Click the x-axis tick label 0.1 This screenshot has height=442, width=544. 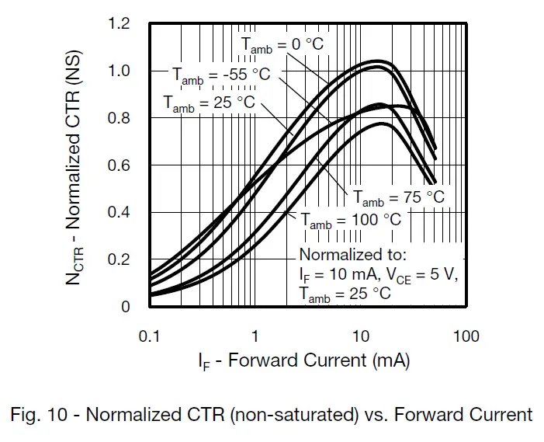pyautogui.click(x=149, y=336)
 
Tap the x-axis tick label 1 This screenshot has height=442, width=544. pyautogui.click(x=255, y=336)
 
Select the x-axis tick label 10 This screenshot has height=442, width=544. pyautogui.click(x=360, y=336)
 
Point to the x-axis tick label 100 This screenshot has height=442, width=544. pyautogui.click(x=466, y=336)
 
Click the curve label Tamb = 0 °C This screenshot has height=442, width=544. pyautogui.click(x=282, y=45)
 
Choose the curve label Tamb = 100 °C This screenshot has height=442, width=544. pyautogui.click(x=351, y=220)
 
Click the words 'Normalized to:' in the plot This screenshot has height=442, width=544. pyautogui.click(x=352, y=255)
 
